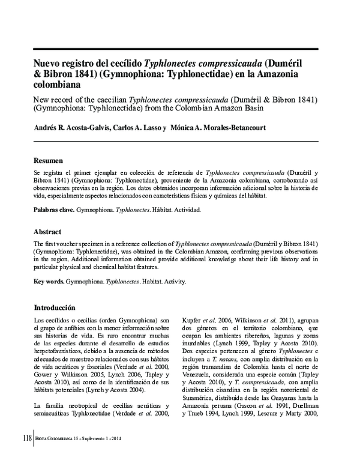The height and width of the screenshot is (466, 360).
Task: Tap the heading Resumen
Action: click(x=49, y=161)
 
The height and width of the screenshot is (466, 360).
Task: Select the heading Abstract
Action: click(x=48, y=232)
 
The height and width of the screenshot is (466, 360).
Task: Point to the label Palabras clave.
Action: click(x=54, y=210)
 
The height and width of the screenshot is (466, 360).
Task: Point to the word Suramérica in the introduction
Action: click(x=200, y=398)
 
